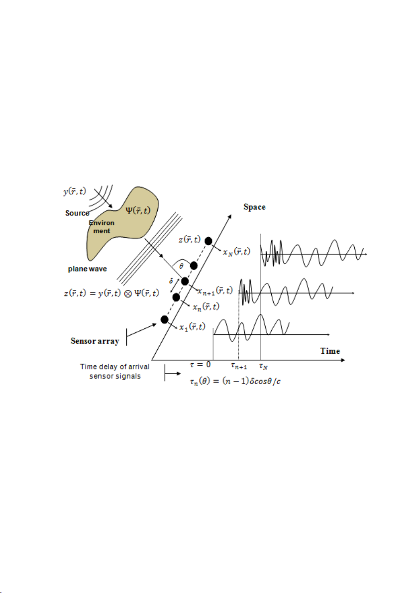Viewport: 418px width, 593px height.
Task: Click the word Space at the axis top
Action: tap(255, 207)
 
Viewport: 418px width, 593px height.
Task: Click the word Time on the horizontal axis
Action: tap(330, 351)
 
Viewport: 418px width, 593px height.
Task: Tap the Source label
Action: tap(77, 213)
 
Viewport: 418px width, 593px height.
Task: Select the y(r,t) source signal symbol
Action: tap(75, 191)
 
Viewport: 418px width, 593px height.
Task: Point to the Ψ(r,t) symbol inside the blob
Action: tap(138, 210)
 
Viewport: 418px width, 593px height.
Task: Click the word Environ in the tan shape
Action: tap(102, 223)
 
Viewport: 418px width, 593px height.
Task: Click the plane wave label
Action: tap(88, 269)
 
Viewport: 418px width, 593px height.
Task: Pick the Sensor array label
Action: tap(95, 341)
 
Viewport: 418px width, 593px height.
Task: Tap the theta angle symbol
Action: tap(181, 266)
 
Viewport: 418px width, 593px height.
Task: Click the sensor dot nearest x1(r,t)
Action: tap(164, 319)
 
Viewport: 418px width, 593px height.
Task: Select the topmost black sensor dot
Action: tap(209, 241)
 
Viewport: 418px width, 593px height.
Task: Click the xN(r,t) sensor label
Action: tap(236, 252)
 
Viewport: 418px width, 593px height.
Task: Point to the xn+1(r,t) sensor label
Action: tap(215, 291)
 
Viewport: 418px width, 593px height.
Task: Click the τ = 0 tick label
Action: tap(200, 365)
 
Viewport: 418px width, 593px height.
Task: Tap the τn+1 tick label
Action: tap(239, 366)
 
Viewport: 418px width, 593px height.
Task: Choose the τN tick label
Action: tap(263, 366)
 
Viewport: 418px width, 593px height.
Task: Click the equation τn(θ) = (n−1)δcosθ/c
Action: tap(235, 381)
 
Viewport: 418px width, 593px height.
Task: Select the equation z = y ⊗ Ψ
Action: tap(111, 293)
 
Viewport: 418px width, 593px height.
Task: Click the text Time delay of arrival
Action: tap(114, 367)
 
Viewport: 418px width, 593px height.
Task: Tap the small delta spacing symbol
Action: tap(171, 281)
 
